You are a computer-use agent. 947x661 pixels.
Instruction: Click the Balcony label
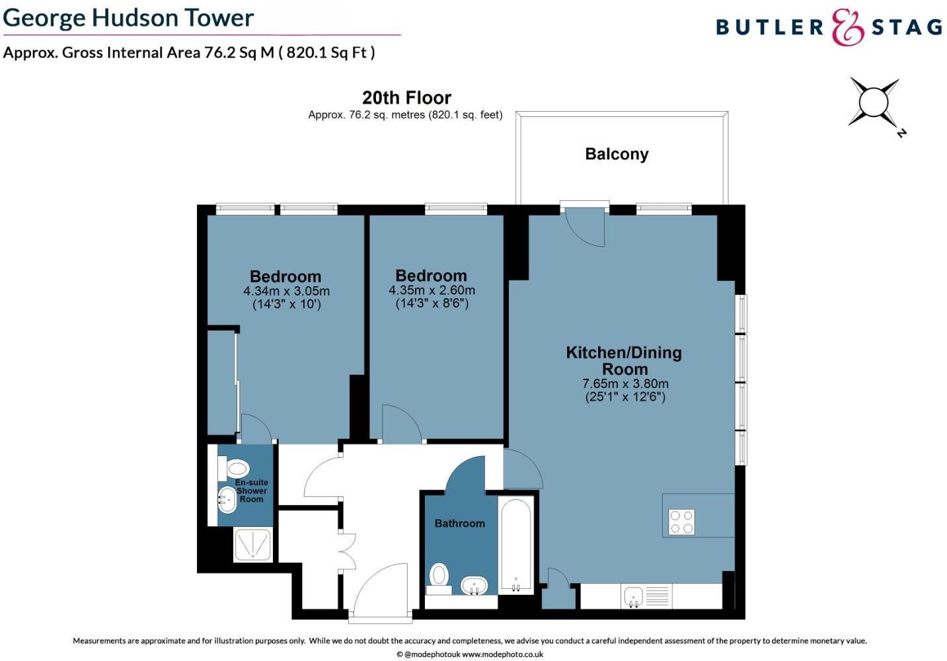tap(617, 154)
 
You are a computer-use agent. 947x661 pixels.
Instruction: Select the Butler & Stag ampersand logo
tap(847, 27)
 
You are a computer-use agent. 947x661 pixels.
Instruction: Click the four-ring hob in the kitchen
tap(681, 522)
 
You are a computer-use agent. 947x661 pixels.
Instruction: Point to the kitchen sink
tap(633, 596)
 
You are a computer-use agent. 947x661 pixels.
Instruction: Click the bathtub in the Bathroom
tap(515, 546)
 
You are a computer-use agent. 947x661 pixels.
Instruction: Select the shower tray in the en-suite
tap(252, 545)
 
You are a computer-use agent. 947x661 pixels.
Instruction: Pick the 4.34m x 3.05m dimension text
tap(286, 292)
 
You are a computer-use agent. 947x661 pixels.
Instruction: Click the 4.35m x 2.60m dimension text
tap(432, 290)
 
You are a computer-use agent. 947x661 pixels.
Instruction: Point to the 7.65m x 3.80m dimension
tap(625, 383)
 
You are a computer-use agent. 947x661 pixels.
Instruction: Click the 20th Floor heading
tap(406, 98)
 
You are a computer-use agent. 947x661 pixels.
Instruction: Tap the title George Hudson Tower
tap(128, 18)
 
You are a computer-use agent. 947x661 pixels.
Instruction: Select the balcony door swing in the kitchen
tap(587, 226)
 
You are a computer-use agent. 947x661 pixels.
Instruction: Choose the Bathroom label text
tap(459, 523)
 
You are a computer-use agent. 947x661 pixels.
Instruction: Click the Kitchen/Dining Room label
tap(624, 360)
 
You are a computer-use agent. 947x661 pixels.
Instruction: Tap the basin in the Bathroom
tap(474, 586)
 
